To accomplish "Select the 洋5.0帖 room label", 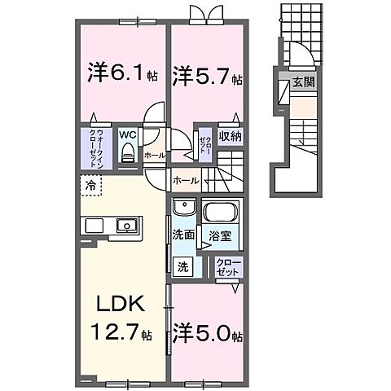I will pyautogui.click(x=207, y=335).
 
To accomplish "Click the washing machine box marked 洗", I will pyautogui.click(x=184, y=266).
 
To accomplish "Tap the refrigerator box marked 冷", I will pyautogui.click(x=90, y=187).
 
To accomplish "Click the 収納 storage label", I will pyautogui.click(x=229, y=136).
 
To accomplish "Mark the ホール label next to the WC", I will pyautogui.click(x=153, y=154).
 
